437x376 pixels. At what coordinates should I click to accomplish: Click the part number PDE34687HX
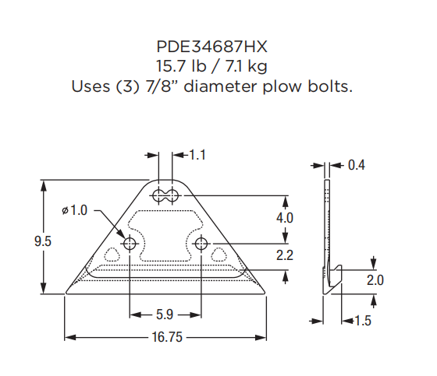pos(218,47)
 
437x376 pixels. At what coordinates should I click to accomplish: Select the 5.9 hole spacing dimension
pos(165,315)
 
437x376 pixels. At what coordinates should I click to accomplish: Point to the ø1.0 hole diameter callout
pos(76,211)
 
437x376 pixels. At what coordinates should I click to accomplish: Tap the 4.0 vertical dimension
pos(285,219)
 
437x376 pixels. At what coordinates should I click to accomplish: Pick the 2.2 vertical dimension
pos(285,255)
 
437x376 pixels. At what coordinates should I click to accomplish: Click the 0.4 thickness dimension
pos(357,165)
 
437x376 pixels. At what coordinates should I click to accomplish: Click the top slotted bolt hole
pos(165,195)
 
